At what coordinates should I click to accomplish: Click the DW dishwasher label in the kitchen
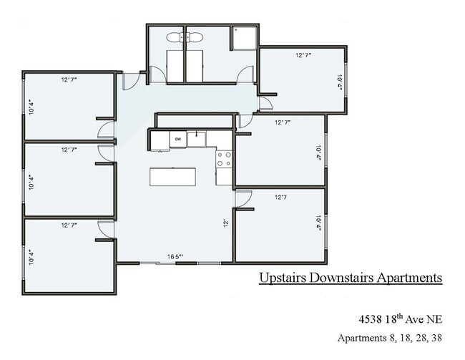pyautogui.click(x=176, y=139)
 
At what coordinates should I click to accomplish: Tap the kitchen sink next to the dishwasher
pyautogui.click(x=198, y=138)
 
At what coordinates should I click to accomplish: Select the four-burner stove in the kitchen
pyautogui.click(x=224, y=159)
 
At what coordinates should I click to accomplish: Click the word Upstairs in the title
pyautogui.click(x=284, y=277)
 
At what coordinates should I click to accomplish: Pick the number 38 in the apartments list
pyautogui.click(x=434, y=337)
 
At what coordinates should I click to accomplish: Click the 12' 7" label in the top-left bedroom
pyautogui.click(x=69, y=80)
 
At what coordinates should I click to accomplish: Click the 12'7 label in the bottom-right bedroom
pyautogui.click(x=281, y=197)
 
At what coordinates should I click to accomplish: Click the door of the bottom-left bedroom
pyautogui.click(x=105, y=228)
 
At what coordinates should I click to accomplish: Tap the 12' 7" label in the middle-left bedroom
pyautogui.click(x=69, y=150)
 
